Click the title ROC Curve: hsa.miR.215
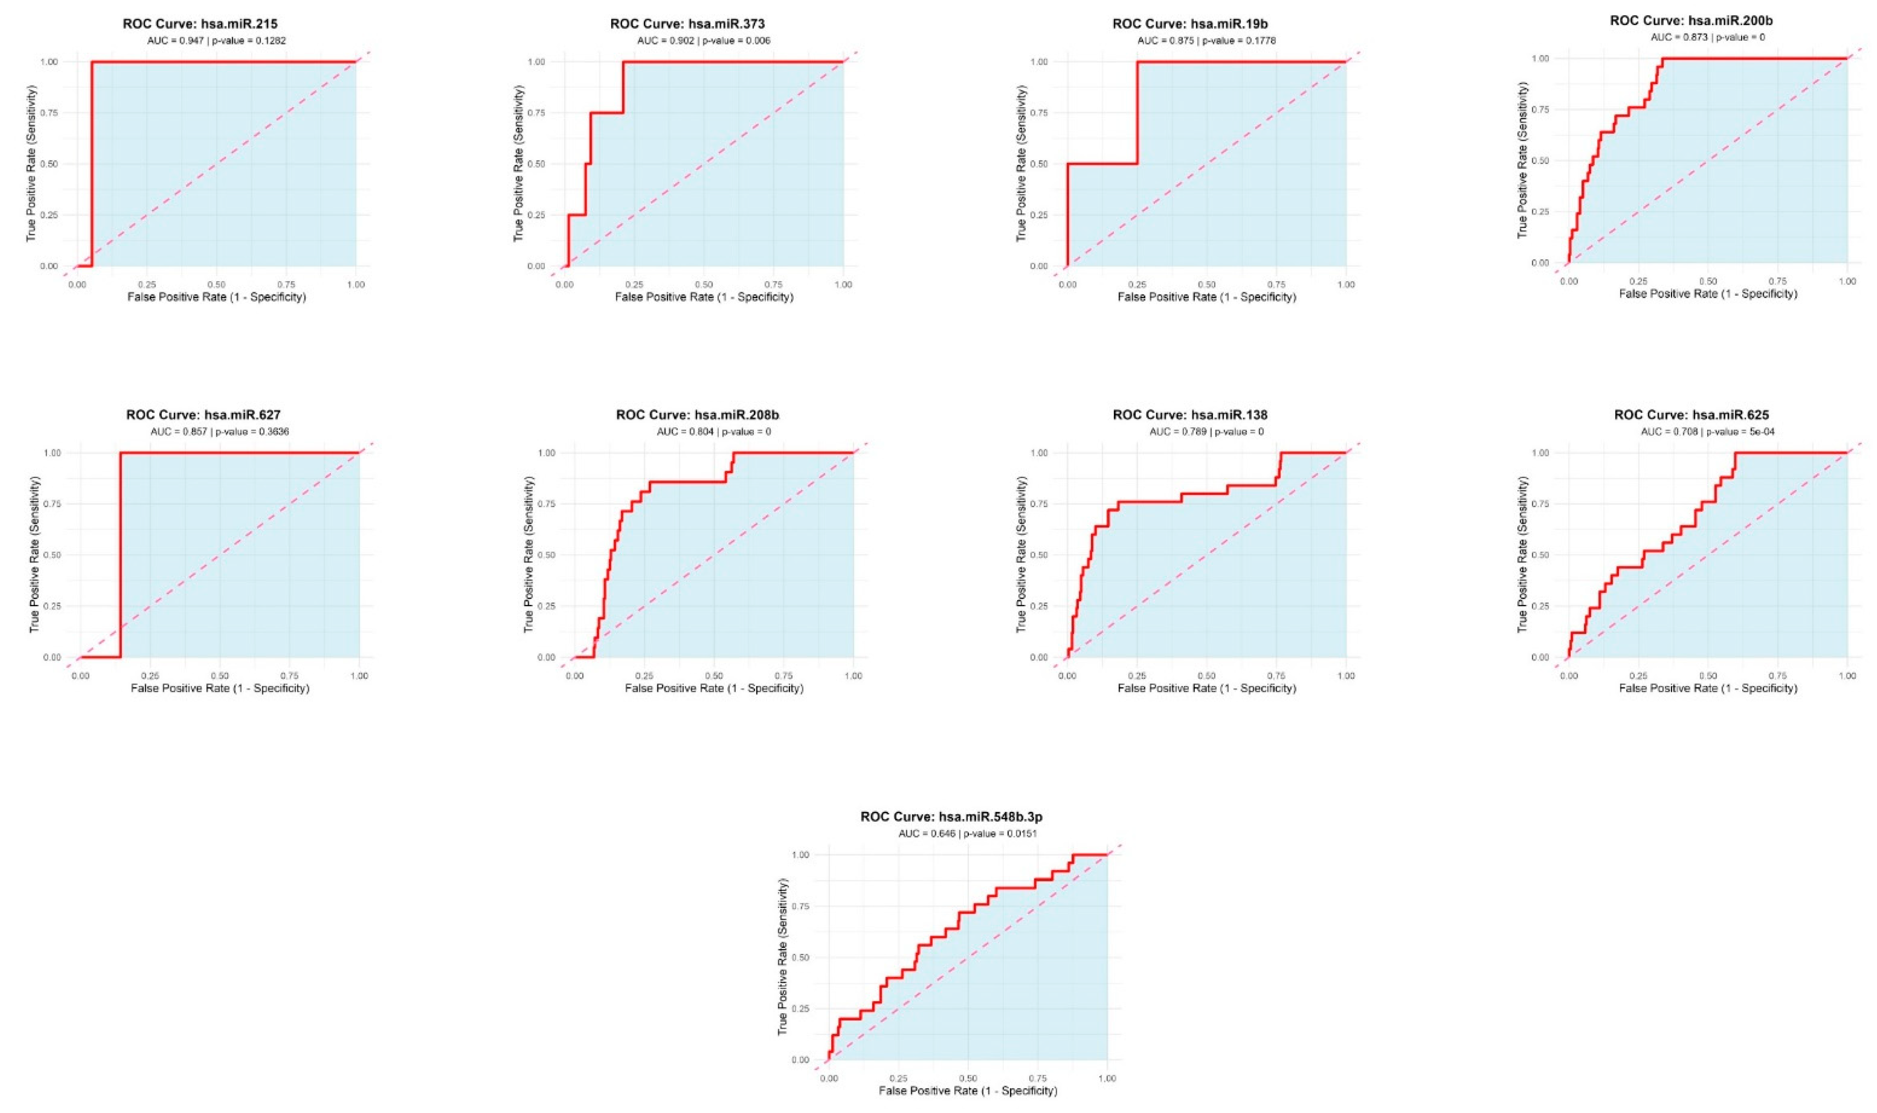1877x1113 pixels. point(200,24)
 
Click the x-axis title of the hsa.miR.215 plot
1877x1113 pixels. point(216,297)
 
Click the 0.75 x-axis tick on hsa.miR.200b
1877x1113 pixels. point(1777,281)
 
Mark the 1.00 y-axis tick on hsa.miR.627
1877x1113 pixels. point(51,453)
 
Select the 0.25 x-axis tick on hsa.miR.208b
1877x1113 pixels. point(644,676)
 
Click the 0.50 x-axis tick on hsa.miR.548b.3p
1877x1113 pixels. point(968,1078)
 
